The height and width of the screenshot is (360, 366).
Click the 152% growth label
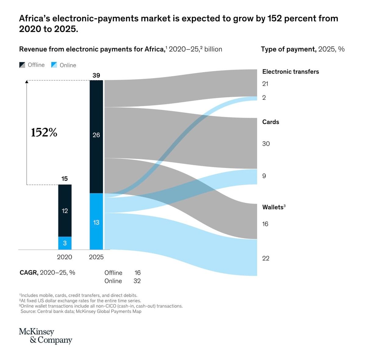[x=44, y=133]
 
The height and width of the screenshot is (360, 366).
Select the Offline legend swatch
[x=22, y=65]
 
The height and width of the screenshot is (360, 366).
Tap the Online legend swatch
[x=54, y=65]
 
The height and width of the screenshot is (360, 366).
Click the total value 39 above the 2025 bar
[x=96, y=75]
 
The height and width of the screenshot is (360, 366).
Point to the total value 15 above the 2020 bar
[x=64, y=179]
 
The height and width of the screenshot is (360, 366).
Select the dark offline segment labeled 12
[x=65, y=211]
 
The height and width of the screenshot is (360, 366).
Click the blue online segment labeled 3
[x=65, y=243]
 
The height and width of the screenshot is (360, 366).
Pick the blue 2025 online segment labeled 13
[x=96, y=222]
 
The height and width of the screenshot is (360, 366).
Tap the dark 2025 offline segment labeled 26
[x=96, y=135]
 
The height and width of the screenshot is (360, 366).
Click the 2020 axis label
[x=64, y=257]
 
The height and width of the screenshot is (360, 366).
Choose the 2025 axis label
[x=96, y=257]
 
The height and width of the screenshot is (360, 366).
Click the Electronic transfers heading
[x=290, y=72]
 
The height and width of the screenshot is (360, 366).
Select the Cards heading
[x=271, y=122]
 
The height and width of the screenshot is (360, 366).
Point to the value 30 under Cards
[x=266, y=144]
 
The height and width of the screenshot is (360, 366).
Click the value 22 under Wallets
[x=266, y=258]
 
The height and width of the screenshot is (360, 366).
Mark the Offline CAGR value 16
[x=138, y=273]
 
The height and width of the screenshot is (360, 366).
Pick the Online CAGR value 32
[x=137, y=281]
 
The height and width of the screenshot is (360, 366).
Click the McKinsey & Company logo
[x=45, y=336]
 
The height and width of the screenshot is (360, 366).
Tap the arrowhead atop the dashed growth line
[x=27, y=81]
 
